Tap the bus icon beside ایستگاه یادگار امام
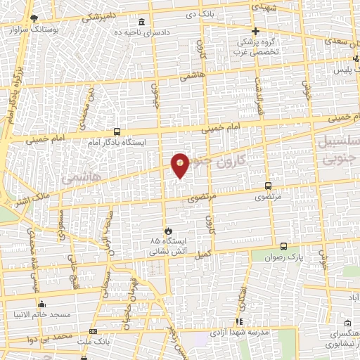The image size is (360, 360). coord(117,131)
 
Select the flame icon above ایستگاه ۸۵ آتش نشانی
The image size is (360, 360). coord(167,230)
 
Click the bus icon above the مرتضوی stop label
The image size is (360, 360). coord(268,186)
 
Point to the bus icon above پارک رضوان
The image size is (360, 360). coord(283,246)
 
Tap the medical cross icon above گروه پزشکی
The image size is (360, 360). coord(256,31)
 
